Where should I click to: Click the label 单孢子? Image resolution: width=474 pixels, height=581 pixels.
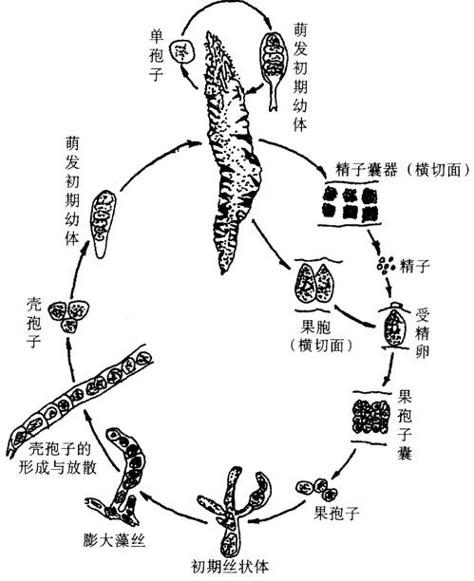tap(156, 57)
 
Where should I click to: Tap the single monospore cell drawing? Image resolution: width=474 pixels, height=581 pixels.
tap(182, 51)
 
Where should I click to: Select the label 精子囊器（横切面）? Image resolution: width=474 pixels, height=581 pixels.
tap(403, 170)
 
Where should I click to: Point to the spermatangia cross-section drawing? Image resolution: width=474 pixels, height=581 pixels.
tap(351, 203)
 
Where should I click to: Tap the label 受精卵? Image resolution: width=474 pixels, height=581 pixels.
tap(423, 332)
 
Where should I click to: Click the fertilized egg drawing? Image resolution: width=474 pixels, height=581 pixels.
tap(394, 326)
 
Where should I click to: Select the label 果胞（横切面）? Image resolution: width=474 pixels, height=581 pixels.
tap(321, 336)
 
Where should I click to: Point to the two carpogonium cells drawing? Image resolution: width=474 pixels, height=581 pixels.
tap(314, 283)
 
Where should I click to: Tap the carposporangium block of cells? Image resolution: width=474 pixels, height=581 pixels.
tap(370, 417)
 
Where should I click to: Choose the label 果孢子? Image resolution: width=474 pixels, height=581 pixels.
tap(336, 513)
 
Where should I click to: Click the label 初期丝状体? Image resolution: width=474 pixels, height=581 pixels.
tap(230, 566)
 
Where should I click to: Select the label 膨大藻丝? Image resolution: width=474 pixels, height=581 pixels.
tap(114, 541)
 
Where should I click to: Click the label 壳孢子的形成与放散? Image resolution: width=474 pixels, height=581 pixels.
tap(59, 459)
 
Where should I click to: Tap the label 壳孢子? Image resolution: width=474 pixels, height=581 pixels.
tap(34, 323)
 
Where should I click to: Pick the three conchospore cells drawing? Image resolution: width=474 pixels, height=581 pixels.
tap(69, 315)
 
